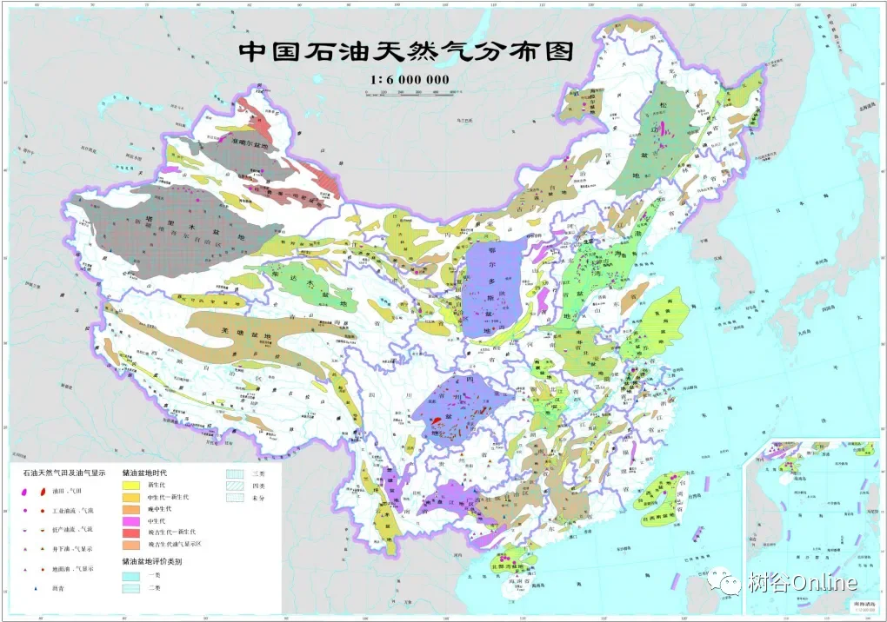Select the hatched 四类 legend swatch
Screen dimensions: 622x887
tap(235, 486)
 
